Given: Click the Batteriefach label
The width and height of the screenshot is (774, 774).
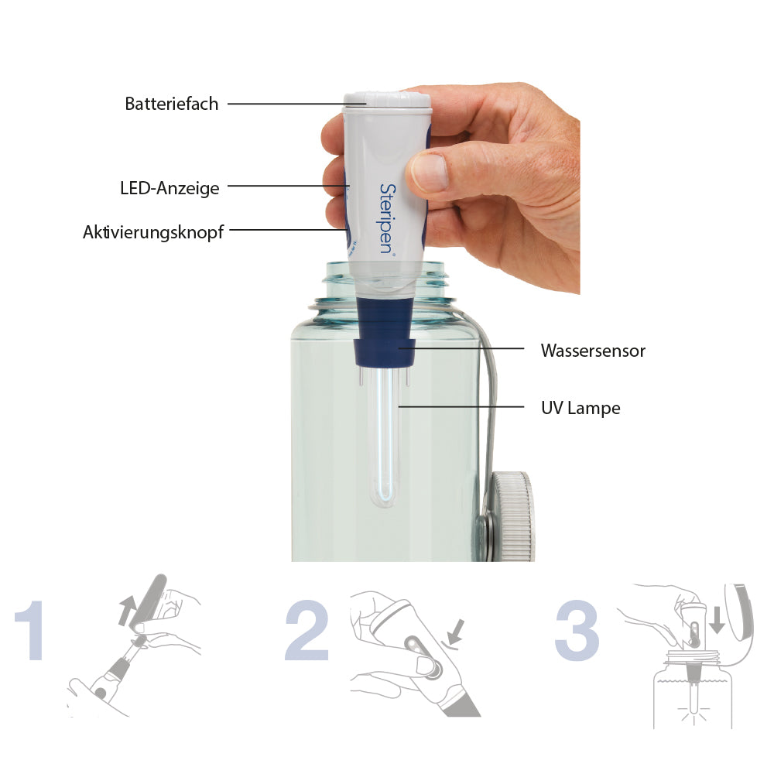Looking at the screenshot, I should (172, 104).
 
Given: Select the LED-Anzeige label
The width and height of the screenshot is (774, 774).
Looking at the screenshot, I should (170, 187).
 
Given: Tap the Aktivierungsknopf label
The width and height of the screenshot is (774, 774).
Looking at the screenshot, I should (153, 231).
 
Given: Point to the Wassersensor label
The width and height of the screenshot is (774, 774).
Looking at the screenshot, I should (593, 351).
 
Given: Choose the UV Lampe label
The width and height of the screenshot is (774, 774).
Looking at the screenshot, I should (581, 407).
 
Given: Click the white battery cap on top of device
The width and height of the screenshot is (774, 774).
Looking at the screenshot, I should (387, 98).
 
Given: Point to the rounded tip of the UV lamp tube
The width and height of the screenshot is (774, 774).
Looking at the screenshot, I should (384, 499).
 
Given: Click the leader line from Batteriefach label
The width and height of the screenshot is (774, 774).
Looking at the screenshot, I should (286, 104).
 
